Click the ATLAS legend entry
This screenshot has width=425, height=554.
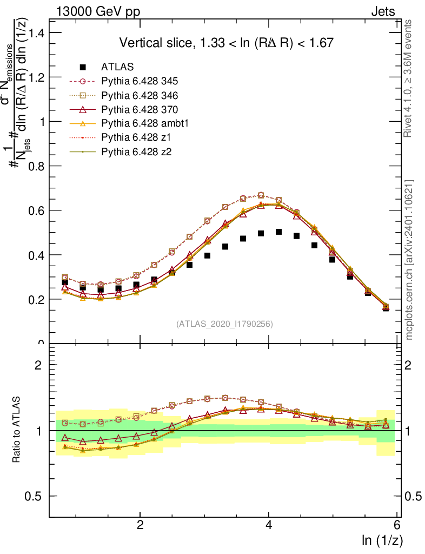click(117, 68)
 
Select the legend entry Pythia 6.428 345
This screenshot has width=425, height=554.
click(140, 81)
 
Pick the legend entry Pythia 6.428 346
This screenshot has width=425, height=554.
click(140, 95)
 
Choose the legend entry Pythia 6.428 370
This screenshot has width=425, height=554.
click(140, 109)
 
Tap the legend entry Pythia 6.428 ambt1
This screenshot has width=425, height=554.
click(143, 123)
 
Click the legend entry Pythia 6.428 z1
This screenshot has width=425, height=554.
click(136, 137)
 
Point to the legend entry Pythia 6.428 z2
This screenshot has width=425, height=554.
click(136, 151)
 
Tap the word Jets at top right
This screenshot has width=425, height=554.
click(383, 11)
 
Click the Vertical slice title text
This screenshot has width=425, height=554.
click(227, 43)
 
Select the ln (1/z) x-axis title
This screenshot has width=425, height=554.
click(383, 539)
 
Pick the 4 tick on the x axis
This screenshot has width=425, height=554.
click(269, 525)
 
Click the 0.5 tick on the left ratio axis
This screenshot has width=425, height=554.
click(36, 496)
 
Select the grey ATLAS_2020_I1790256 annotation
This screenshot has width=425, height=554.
click(224, 324)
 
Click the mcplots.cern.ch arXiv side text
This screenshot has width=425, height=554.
click(409, 260)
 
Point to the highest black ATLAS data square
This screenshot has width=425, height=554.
click(278, 232)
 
